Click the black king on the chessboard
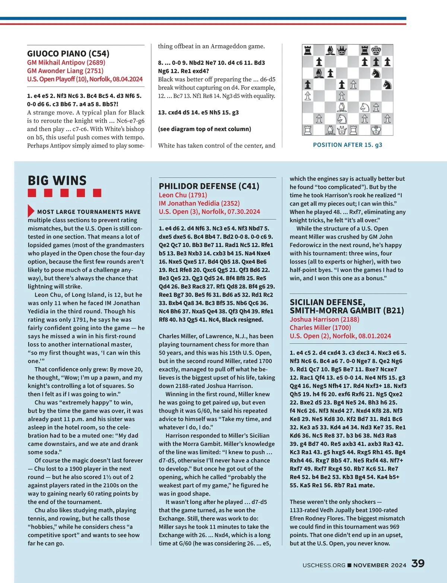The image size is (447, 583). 376,50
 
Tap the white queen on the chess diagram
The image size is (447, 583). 342,130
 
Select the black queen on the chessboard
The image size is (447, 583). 342,50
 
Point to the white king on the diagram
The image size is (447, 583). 376,130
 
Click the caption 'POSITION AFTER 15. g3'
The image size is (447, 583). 348,145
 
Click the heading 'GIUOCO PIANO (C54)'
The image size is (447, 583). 68,53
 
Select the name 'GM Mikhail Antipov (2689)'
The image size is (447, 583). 66,62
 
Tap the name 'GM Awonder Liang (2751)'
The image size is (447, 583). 65,70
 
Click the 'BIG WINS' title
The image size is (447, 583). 57,180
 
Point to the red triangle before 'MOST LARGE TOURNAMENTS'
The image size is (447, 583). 31,211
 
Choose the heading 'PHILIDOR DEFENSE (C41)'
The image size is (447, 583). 209,186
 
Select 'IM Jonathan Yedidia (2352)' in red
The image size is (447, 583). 199,203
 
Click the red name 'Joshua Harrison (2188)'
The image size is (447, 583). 324,319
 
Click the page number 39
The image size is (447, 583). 418,563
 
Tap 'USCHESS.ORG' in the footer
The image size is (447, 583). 324,565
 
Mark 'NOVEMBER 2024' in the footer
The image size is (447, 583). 380,565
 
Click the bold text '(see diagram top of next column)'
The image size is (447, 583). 205,129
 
